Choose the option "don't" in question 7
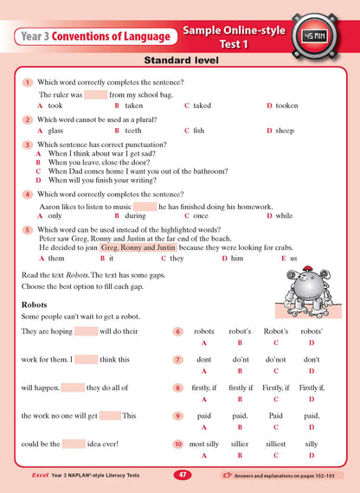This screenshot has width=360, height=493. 312,358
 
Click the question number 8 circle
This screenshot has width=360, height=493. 177,388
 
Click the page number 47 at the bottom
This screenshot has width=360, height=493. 181,475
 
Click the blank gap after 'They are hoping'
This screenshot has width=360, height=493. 87,331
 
